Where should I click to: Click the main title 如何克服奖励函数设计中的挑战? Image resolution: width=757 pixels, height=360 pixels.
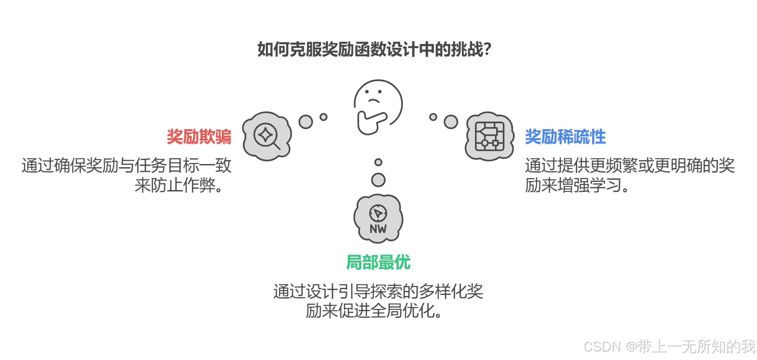pyautogui.click(x=374, y=49)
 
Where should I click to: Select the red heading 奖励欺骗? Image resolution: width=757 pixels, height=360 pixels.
pyautogui.click(x=199, y=137)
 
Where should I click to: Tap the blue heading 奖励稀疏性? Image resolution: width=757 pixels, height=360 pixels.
pyautogui.click(x=565, y=137)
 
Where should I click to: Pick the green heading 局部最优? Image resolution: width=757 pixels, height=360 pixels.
pyautogui.click(x=378, y=262)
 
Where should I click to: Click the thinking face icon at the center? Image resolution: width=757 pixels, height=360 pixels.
pyautogui.click(x=378, y=101)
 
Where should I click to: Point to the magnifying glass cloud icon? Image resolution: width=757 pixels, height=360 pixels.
pyautogui.click(x=267, y=136)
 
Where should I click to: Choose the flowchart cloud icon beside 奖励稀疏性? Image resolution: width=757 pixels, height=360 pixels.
pyautogui.click(x=489, y=136)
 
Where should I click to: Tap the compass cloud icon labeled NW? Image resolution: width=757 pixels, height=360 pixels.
pyautogui.click(x=378, y=218)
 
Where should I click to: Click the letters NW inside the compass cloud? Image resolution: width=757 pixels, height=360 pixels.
pyautogui.click(x=378, y=229)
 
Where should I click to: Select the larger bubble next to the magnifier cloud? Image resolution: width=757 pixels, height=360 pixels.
pyautogui.click(x=306, y=121)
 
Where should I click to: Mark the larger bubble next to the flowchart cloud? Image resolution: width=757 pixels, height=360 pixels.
pyautogui.click(x=451, y=121)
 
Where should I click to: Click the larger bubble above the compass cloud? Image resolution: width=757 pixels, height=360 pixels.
pyautogui.click(x=378, y=180)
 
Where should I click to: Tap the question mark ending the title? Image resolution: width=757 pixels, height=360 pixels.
pyautogui.click(x=487, y=49)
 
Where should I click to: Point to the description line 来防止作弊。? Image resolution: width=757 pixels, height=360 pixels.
pyautogui.click(x=179, y=185)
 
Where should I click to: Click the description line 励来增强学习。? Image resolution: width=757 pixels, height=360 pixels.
pyautogui.click(x=577, y=185)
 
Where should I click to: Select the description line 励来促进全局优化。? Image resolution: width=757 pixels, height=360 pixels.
pyautogui.click(x=374, y=311)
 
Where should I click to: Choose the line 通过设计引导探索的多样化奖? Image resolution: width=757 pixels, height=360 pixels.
pyautogui.click(x=378, y=291)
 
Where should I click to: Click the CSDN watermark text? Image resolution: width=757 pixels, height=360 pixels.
pyautogui.click(x=669, y=347)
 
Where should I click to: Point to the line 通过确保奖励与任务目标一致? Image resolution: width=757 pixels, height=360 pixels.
pyautogui.click(x=126, y=165)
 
